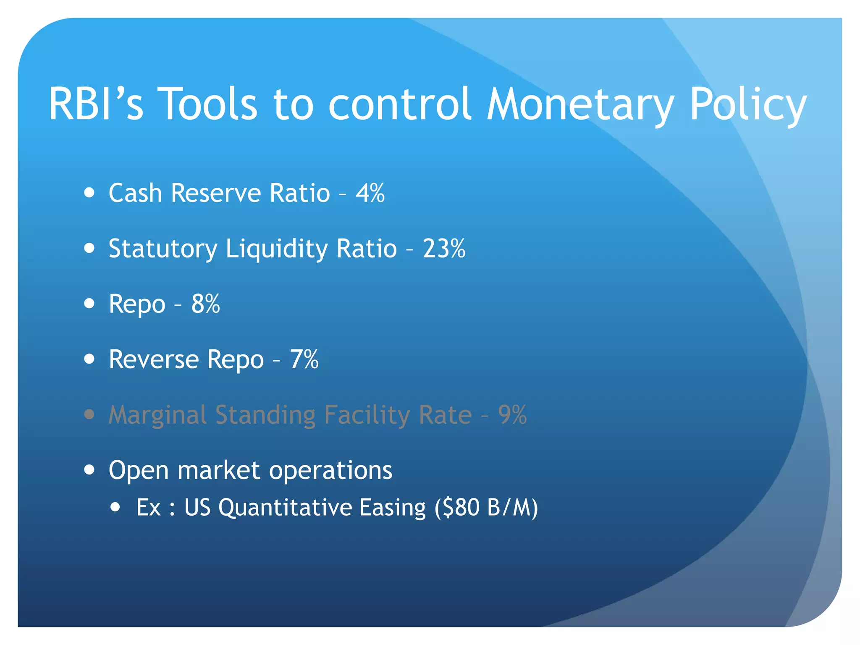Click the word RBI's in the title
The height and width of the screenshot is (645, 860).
96,104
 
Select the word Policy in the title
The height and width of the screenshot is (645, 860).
748,104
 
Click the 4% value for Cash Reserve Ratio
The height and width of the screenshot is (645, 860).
370,193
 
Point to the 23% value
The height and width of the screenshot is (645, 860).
444,249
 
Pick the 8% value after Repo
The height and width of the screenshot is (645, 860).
205,304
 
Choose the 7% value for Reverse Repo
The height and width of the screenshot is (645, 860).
304,359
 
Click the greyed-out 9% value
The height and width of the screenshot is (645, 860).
512,415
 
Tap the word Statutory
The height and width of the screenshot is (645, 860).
163,249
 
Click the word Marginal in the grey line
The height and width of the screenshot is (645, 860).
157,415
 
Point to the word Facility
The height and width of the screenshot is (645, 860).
367,415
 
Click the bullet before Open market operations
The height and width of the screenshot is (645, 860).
89,469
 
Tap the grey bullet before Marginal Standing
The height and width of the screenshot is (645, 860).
89,414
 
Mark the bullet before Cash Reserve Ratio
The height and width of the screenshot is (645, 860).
89,193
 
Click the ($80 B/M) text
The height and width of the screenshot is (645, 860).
486,507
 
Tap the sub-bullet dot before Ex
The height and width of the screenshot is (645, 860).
115,507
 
